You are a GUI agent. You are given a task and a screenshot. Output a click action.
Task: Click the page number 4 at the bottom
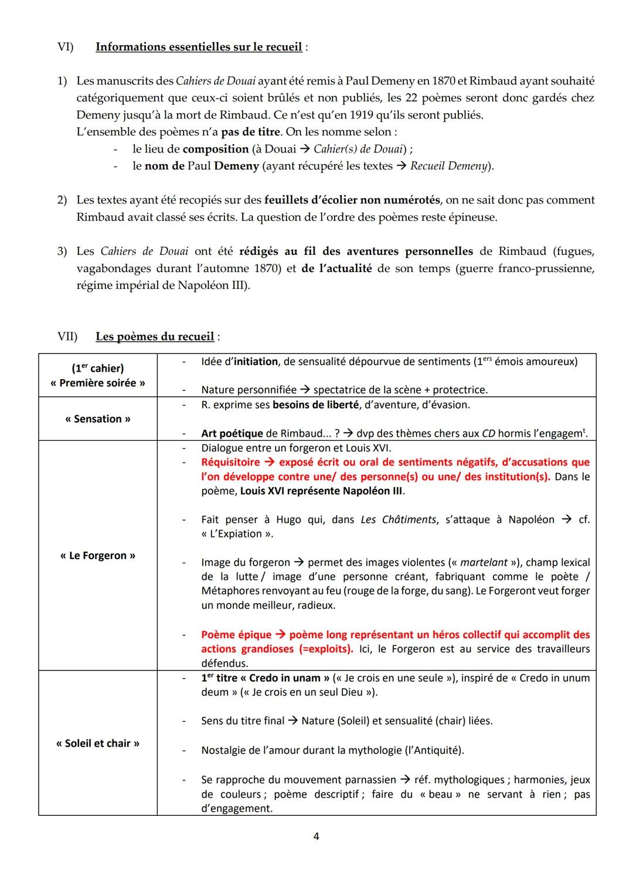tap(316, 836)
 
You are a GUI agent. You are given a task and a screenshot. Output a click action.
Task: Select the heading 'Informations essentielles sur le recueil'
tap(199, 47)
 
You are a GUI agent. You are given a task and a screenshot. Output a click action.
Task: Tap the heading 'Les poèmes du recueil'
tap(155, 336)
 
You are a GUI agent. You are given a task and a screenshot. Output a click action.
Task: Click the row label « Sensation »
tap(98, 419)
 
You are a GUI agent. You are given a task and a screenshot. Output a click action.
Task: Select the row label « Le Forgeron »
tap(98, 556)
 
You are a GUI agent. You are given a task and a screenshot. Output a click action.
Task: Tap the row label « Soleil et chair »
tap(98, 743)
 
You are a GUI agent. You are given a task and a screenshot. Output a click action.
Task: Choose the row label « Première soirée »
tap(98, 383)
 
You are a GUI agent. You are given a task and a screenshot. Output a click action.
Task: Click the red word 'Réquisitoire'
tap(230, 462)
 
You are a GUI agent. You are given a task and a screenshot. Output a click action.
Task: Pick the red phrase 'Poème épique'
tap(236, 635)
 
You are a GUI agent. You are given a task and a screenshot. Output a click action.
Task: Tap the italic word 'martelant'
tap(484, 563)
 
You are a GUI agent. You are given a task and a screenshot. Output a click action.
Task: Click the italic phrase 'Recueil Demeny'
tap(450, 166)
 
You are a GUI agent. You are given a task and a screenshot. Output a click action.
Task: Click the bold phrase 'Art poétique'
tap(232, 434)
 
